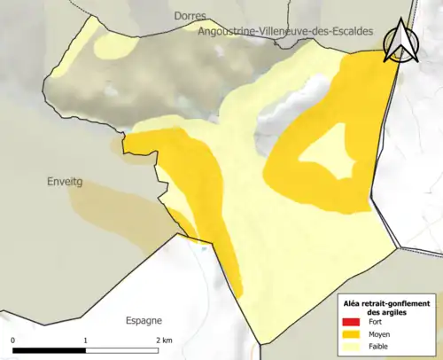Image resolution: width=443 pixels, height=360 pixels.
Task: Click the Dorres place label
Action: (x=190, y=16)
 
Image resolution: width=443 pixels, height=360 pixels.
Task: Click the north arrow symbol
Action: (x=398, y=40)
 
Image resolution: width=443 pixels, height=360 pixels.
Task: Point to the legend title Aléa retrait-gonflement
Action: (x=386, y=303)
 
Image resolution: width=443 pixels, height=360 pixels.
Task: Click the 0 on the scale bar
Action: (x=13, y=340)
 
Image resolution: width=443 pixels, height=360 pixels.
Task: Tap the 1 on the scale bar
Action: (x=85, y=340)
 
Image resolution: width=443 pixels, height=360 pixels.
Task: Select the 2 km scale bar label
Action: (x=164, y=340)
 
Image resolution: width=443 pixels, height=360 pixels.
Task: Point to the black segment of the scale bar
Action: (x=49, y=349)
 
